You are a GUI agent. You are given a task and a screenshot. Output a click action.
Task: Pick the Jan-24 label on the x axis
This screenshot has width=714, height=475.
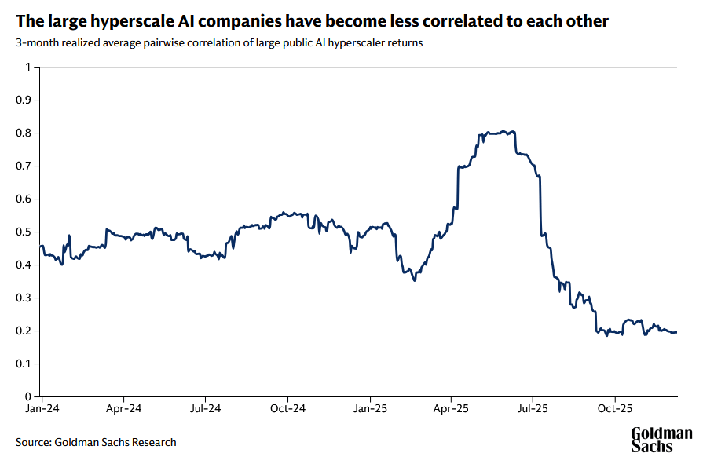(x=42, y=408)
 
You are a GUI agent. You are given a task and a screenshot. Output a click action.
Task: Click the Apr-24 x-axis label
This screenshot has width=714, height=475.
(x=123, y=408)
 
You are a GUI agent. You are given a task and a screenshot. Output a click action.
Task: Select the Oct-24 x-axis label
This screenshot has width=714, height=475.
(x=287, y=408)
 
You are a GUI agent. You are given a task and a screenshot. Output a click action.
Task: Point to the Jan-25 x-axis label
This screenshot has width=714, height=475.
(x=369, y=408)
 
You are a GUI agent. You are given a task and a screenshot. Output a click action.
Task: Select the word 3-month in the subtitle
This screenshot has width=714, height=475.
(x=35, y=43)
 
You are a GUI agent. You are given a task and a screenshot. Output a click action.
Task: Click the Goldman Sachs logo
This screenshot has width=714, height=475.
(x=662, y=440)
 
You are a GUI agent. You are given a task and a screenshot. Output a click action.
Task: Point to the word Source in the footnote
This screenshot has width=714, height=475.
(x=32, y=442)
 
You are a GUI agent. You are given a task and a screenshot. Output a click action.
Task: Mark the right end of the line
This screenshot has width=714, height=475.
(x=676, y=332)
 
